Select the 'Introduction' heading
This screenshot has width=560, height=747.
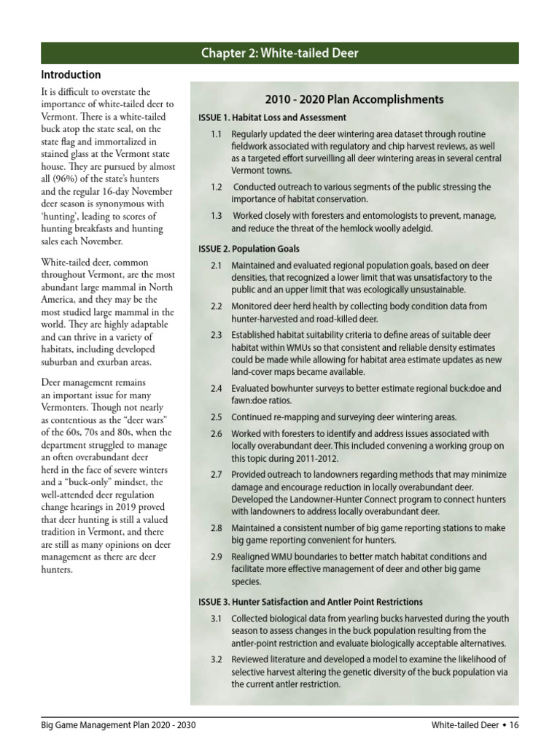(71, 75)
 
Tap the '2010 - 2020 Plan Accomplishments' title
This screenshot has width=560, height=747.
(354, 99)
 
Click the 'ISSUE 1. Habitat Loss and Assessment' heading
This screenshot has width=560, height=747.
(272, 117)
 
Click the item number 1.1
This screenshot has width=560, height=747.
(217, 135)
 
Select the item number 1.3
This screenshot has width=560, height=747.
(217, 216)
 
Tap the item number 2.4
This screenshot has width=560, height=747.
(217, 389)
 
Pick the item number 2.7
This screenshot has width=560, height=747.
(217, 474)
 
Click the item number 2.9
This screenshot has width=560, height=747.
(217, 557)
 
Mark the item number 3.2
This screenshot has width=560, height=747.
(217, 659)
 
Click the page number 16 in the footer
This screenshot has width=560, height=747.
(513, 725)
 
